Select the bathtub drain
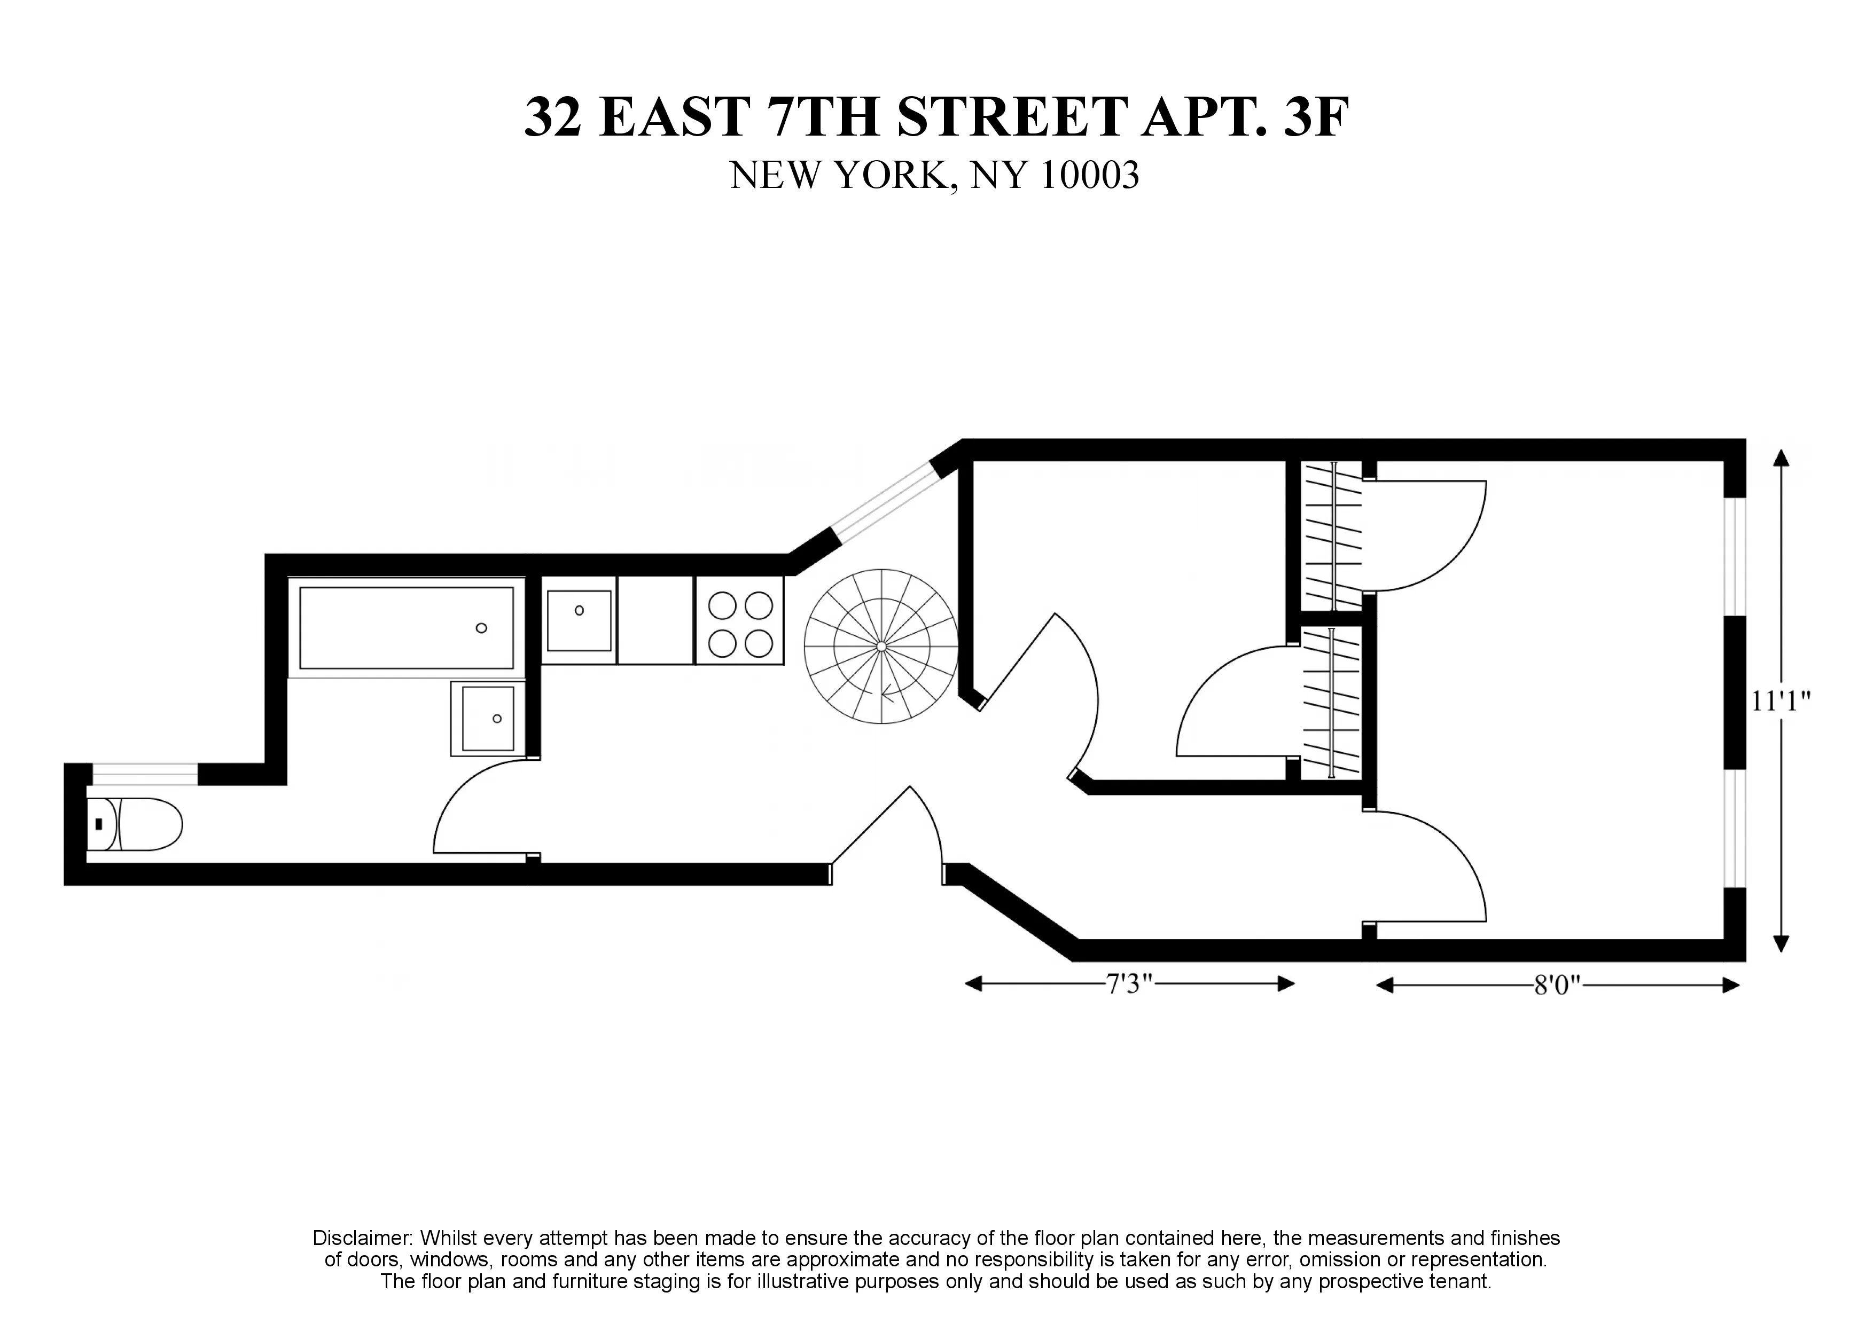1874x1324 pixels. pyautogui.click(x=481, y=628)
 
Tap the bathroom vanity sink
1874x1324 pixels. pyautogui.click(x=488, y=718)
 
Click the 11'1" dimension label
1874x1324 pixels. pyautogui.click(x=1781, y=702)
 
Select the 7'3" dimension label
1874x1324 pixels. pyautogui.click(x=1129, y=984)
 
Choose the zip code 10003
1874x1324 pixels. pyautogui.click(x=1090, y=176)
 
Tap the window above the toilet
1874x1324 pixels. pyautogui.click(x=144, y=774)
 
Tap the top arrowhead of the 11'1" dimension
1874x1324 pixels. pyautogui.click(x=1781, y=457)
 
